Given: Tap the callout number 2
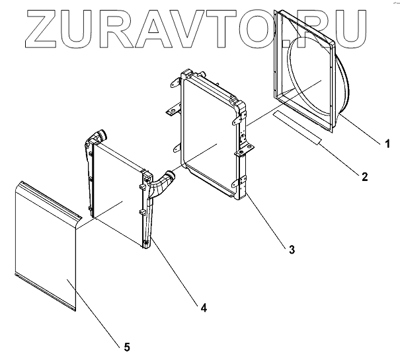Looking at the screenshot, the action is point(364,176).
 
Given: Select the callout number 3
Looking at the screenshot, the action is point(291,249).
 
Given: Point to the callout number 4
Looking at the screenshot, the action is point(204,307).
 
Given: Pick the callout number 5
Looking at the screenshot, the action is point(126,345).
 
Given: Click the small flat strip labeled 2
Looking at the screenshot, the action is point(299,127).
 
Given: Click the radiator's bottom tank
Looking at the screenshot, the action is point(212,184).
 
